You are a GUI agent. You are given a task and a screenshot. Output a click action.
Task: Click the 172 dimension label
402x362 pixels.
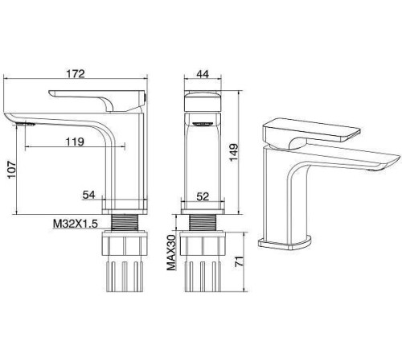tap(76, 73)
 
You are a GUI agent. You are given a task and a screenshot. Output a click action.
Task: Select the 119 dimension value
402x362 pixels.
tap(75, 142)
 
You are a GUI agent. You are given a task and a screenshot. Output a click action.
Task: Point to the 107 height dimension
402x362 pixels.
tap(12, 170)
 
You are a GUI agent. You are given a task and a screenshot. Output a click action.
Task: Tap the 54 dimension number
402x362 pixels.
tap(88, 195)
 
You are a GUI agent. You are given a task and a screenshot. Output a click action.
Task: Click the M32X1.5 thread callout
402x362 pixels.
tap(76, 224)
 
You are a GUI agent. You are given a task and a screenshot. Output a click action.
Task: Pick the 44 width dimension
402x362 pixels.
tap(203, 74)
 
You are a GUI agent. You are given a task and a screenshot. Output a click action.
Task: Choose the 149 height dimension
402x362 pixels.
tap(233, 153)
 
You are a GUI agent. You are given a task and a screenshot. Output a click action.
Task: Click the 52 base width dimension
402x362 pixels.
tap(203, 196)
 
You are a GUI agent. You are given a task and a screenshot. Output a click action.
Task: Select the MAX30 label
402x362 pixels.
tap(171, 253)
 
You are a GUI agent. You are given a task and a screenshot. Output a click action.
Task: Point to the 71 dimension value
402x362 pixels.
tap(240, 261)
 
